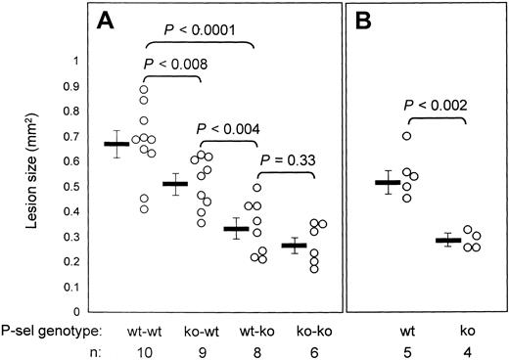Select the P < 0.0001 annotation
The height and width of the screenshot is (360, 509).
pos(199,30)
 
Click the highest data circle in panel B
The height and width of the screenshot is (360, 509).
pos(434,136)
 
